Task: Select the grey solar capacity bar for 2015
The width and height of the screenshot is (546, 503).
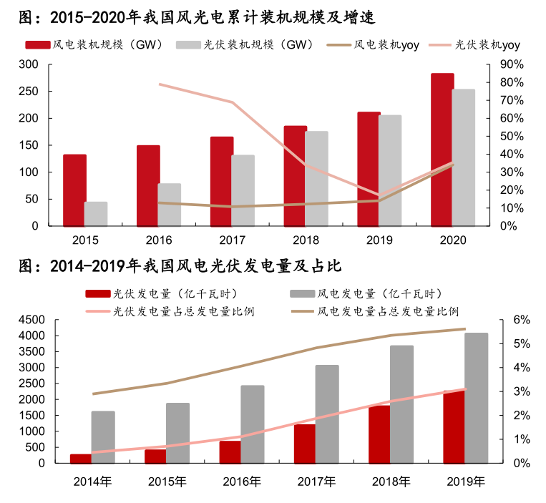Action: tap(96, 214)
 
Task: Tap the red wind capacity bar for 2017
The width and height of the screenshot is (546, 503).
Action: tap(222, 181)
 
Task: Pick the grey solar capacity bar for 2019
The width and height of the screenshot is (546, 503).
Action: tap(390, 170)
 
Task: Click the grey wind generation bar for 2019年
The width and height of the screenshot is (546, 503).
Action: tap(477, 398)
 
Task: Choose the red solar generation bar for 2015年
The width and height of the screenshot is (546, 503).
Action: tap(155, 456)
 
